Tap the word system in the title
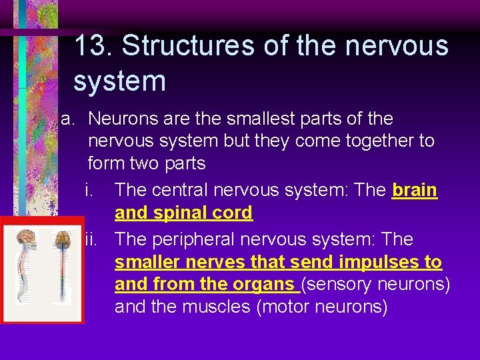click(119, 81)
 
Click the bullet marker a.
click(67, 119)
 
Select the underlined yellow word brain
click(415, 190)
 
